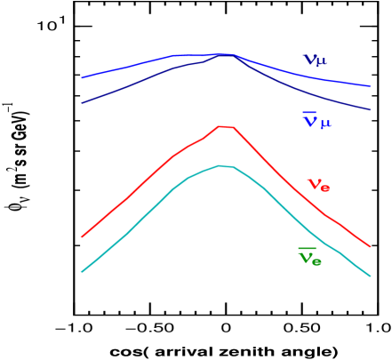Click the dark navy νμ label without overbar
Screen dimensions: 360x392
coord(315,60)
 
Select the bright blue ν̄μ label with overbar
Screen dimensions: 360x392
coord(316,121)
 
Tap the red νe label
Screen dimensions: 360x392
coord(318,185)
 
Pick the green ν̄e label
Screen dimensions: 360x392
coord(309,258)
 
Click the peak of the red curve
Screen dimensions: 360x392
coord(224,126)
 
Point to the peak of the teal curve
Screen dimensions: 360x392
coord(222,165)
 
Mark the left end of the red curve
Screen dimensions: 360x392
coord(82,236)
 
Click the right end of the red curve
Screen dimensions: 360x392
coord(370,246)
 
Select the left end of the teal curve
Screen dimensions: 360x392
coord(82,271)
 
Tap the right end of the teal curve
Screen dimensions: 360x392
coord(370,276)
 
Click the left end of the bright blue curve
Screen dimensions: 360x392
coord(82,78)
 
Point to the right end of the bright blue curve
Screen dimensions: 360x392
coord(370,86)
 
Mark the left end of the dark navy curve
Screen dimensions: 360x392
coord(82,103)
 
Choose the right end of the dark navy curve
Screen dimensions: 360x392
coord(370,110)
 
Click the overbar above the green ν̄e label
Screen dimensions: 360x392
coord(307,249)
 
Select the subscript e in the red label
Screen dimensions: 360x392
coord(325,188)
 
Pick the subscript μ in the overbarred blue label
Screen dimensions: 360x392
coord(325,124)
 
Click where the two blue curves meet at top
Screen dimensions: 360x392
coord(228,54)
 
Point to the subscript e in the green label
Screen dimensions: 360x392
coord(316,261)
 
